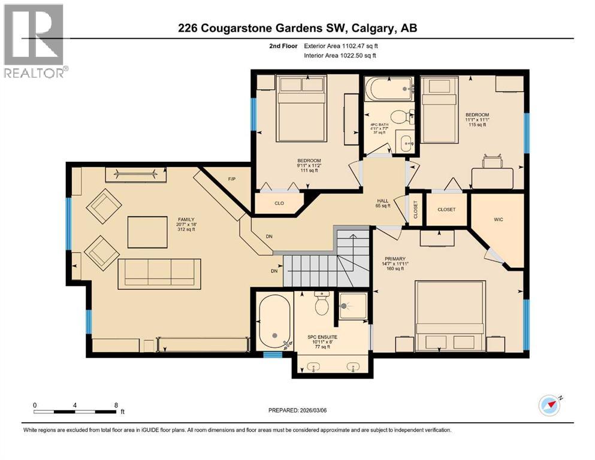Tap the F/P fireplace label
tap(232, 179)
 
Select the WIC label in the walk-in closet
tap(499, 220)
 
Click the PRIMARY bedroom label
tap(395, 259)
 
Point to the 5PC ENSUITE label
tap(322, 337)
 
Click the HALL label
tap(383, 201)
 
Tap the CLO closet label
tap(279, 204)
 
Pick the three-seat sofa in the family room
tap(159, 274)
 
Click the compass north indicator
tap(549, 405)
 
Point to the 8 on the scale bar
tap(116, 405)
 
